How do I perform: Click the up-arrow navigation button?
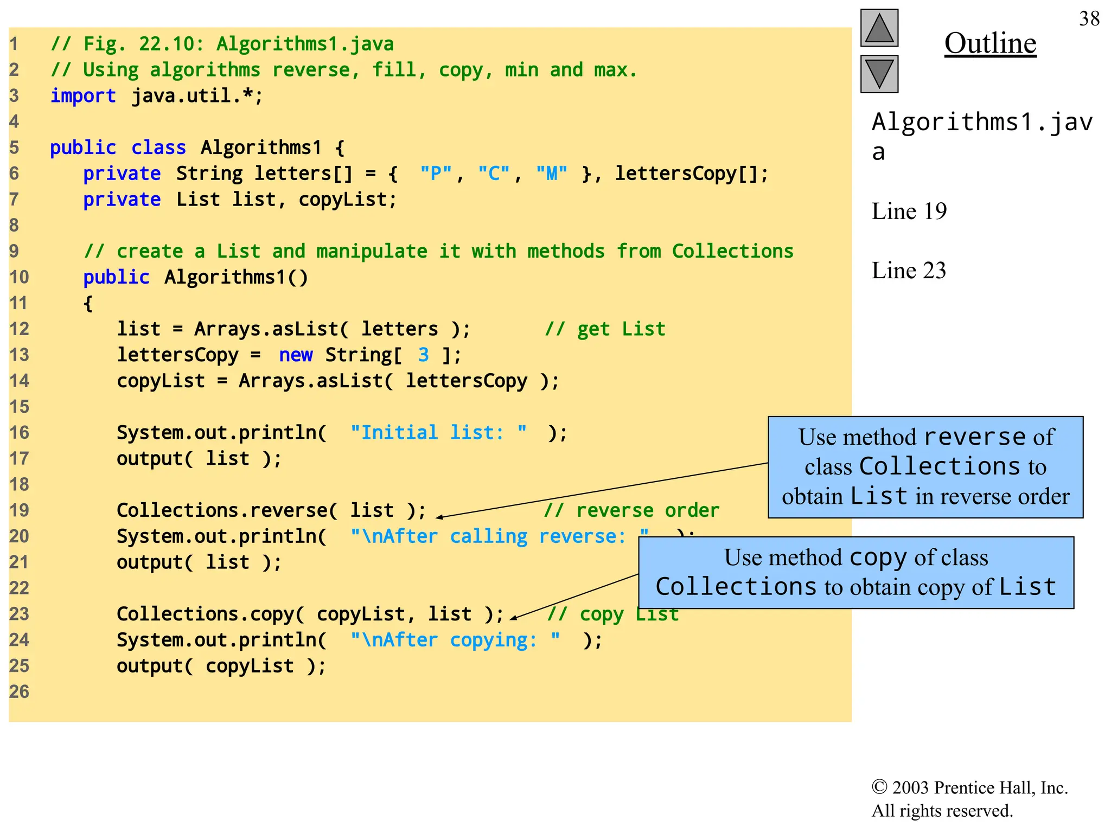[879, 28]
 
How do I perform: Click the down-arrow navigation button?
[879, 74]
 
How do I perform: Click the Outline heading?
[990, 43]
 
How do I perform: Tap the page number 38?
[1089, 19]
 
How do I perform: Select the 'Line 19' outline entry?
[909, 212]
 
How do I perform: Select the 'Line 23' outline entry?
[909, 271]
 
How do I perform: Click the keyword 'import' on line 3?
[83, 96]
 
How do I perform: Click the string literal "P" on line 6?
[436, 174]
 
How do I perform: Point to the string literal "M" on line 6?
[551, 174]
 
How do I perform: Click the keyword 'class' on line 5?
[158, 148]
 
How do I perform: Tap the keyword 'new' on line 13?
[296, 355]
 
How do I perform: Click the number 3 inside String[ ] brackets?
[424, 355]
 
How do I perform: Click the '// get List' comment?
[605, 329]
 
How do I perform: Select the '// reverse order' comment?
[631, 510]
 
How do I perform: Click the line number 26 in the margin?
[19, 692]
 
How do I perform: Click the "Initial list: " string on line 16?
[438, 433]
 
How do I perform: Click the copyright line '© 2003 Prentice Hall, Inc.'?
[969, 787]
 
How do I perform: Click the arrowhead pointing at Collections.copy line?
[514, 618]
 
